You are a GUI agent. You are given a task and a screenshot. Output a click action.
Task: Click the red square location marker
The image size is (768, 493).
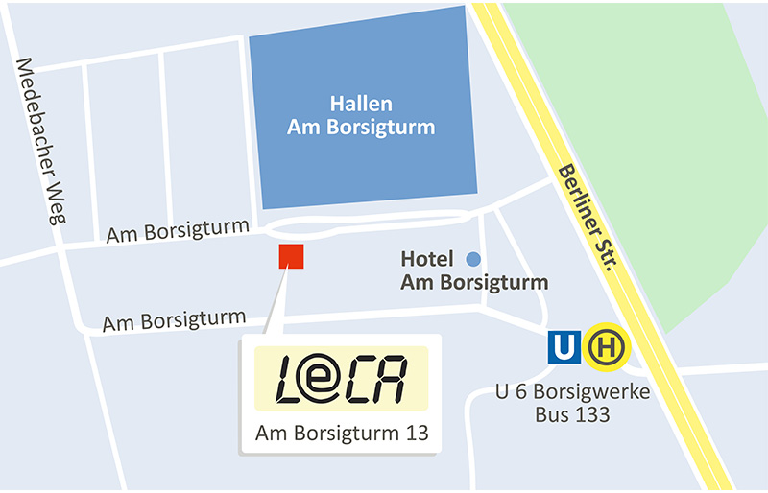[x=291, y=256]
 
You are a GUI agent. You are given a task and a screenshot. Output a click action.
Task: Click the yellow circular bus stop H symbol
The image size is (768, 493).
[x=608, y=346]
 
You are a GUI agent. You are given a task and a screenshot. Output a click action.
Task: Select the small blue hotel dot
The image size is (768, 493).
[x=472, y=259]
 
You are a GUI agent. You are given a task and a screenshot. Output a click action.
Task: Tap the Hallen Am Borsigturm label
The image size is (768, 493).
[x=361, y=115]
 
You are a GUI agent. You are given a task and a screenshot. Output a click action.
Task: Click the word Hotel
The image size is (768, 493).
[x=426, y=259]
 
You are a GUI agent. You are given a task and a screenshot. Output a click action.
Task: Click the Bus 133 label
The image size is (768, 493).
[x=572, y=414]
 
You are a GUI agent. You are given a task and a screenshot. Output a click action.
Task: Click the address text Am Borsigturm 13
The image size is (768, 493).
[x=340, y=434]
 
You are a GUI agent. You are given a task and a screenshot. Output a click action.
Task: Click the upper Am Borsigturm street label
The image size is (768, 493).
[x=178, y=232]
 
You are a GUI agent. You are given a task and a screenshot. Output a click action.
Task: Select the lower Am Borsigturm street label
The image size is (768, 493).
[x=174, y=319]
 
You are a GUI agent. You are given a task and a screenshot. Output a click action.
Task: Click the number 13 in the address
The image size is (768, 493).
[x=413, y=434]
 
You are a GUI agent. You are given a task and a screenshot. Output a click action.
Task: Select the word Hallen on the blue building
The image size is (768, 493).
[x=361, y=104]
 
